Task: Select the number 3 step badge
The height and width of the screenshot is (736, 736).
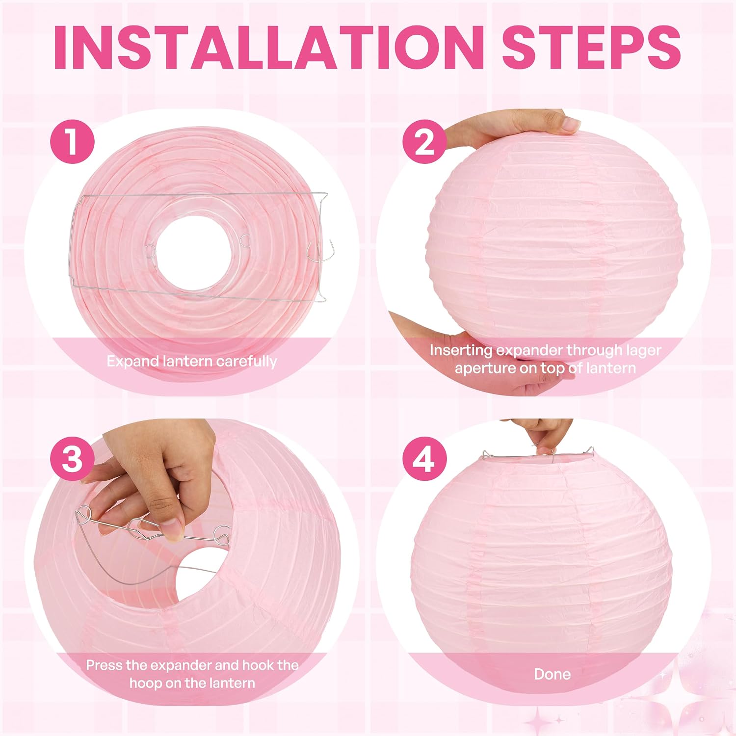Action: click(x=72, y=460)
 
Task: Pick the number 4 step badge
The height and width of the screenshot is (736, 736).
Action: click(x=425, y=460)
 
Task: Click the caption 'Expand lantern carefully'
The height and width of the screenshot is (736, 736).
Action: click(x=192, y=362)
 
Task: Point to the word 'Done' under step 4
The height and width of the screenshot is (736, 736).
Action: click(x=552, y=674)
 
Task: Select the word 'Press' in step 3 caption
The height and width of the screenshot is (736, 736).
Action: click(x=104, y=665)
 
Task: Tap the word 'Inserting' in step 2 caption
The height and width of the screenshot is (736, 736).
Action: click(x=461, y=351)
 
